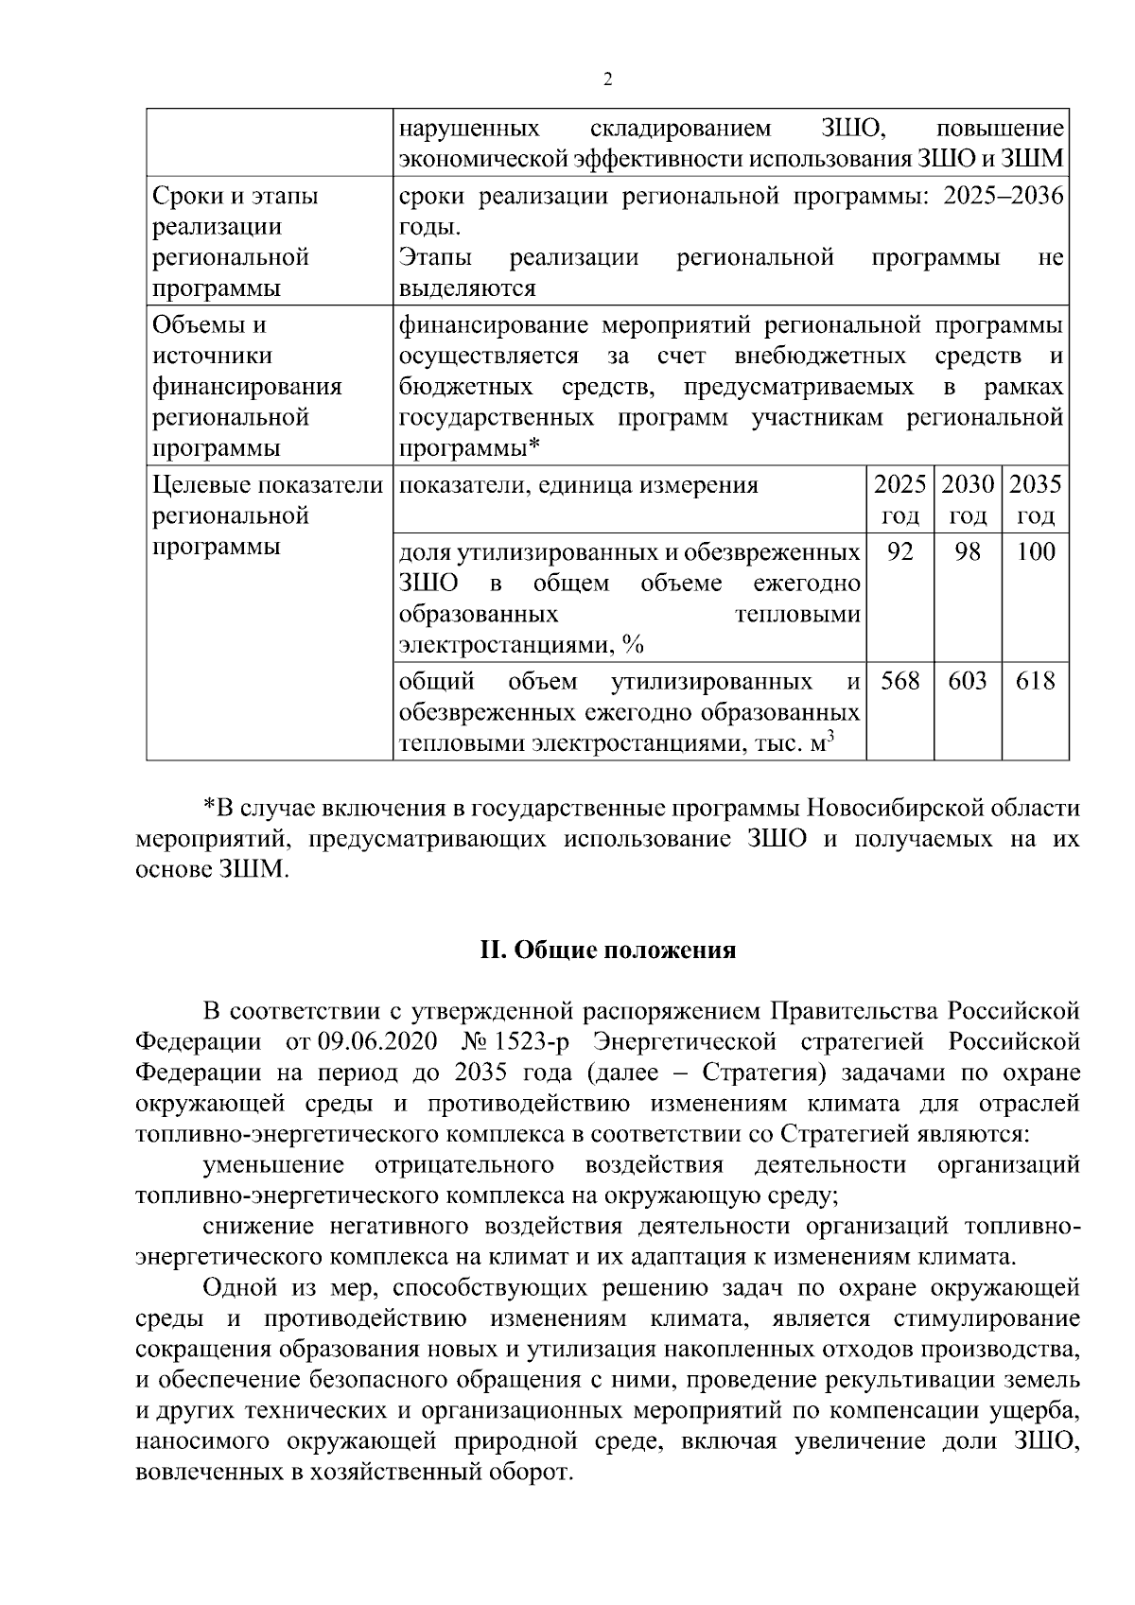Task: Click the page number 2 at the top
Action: [x=608, y=80]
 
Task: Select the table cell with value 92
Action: [x=899, y=551]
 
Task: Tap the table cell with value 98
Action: [x=968, y=551]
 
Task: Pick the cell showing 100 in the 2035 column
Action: [x=1035, y=551]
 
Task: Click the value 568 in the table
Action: [x=899, y=681]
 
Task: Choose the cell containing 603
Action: [x=968, y=681]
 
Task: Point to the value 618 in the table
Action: [x=1035, y=681]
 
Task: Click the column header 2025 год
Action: [x=899, y=500]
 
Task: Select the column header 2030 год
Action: [x=968, y=500]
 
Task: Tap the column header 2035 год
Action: [x=1035, y=500]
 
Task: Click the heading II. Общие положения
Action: [x=608, y=951]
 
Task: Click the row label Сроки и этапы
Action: [x=236, y=197]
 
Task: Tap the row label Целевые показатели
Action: [x=268, y=485]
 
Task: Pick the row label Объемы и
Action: [x=210, y=325]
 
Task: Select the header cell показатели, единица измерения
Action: [x=579, y=486]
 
